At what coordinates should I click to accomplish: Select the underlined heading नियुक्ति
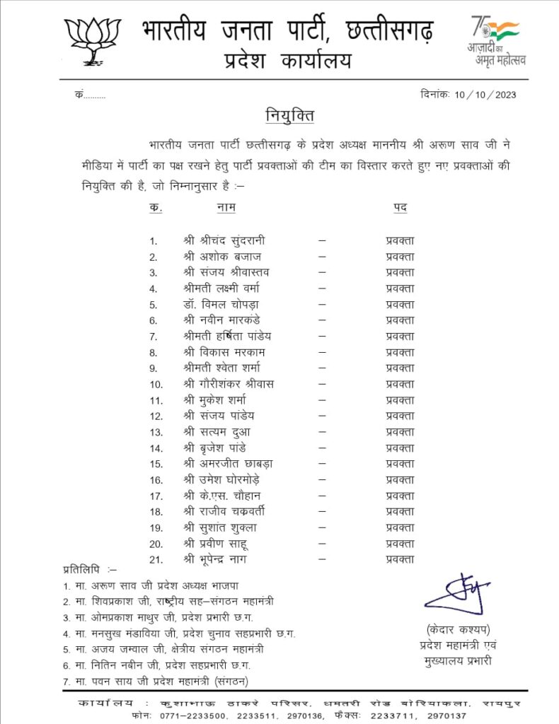pos(289,115)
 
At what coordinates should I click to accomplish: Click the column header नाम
pos(226,207)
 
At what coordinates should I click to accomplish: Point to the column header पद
pos(400,207)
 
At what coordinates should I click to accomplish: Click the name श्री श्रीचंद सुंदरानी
pos(224,240)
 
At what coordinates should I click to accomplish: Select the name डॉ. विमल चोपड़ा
pos(222,304)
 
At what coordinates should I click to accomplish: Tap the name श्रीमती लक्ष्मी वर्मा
pos(221,288)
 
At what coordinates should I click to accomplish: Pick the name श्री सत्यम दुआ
pos(216,432)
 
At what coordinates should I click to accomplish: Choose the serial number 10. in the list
pos(156,385)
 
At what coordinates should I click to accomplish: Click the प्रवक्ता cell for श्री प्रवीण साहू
pos(400,543)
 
